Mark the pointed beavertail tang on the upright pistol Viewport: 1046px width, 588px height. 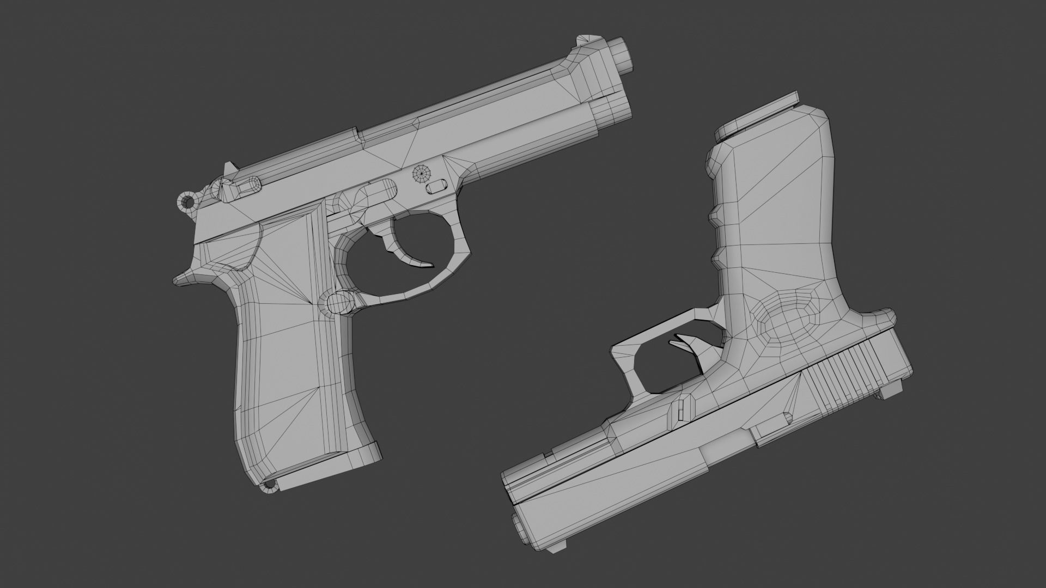(186, 279)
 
